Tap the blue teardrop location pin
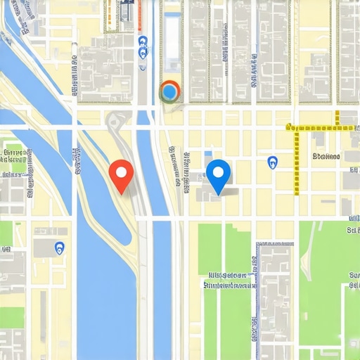pos(219,173)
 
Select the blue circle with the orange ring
pos(170,91)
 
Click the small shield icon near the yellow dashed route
pos(273,162)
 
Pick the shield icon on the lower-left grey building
pos(59,247)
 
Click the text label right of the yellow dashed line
pos(326,156)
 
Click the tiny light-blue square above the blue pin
pos(208,153)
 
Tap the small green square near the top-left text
pos(28,150)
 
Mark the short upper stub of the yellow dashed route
pos(337,118)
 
